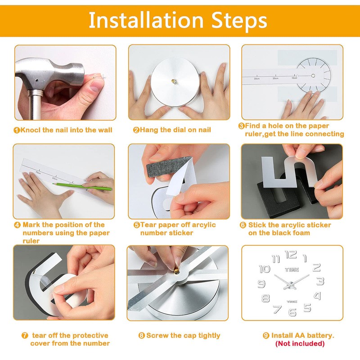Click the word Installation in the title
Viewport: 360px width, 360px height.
pyautogui.click(x=146, y=20)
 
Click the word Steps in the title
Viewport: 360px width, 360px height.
pyautogui.click(x=239, y=21)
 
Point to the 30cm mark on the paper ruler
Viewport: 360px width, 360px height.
pyautogui.click(x=256, y=78)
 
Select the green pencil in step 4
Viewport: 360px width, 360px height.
pyautogui.click(x=82, y=186)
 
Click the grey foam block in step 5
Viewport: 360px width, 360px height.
pyautogui.click(x=169, y=166)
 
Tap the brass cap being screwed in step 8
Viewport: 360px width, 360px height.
pyautogui.click(x=175, y=268)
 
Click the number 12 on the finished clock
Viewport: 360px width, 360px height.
pyautogui.click(x=291, y=255)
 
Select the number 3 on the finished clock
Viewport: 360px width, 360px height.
pyautogui.click(x=320, y=281)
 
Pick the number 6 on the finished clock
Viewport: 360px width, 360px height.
pyautogui.click(x=292, y=312)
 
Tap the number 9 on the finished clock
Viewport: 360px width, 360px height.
pyautogui.click(x=261, y=284)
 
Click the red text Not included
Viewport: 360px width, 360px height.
pyautogui.click(x=300, y=344)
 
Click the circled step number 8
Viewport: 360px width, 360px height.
pyautogui.click(x=142, y=336)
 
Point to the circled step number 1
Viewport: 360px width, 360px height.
pyautogui.click(x=17, y=130)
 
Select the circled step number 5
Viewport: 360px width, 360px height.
pyautogui.click(x=137, y=225)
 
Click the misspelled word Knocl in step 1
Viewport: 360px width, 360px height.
pyautogui.click(x=30, y=130)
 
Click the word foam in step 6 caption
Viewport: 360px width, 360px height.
pyautogui.click(x=300, y=233)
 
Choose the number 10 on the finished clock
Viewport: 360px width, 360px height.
pyautogui.click(x=265, y=269)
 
